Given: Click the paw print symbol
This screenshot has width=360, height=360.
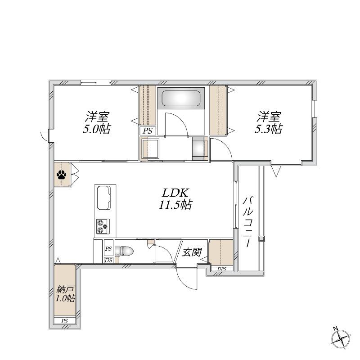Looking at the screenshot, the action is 61,175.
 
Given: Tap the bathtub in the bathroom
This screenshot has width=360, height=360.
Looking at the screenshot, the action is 181,98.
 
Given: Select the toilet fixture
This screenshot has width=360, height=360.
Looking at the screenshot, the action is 125,251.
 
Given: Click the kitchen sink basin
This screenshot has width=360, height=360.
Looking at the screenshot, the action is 104,198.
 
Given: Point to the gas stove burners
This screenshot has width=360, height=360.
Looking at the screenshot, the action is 103,226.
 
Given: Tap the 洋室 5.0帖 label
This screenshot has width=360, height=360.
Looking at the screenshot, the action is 97,122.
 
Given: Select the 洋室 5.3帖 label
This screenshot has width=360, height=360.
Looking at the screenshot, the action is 269,122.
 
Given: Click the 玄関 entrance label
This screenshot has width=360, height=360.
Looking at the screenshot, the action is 192,252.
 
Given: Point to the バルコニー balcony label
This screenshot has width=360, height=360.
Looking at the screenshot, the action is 247,221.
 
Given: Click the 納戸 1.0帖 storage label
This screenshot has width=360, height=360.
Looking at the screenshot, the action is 65,294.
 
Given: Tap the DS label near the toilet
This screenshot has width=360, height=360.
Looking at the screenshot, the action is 108,260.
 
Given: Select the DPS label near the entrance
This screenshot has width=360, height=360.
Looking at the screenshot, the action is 222,269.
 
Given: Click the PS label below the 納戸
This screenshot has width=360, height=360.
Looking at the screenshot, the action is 64,321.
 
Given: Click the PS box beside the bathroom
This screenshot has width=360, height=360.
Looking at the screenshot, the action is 148,131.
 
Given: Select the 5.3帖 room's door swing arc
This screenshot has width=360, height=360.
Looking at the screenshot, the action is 226,147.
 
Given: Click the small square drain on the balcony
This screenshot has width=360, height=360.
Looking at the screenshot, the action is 261,238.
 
